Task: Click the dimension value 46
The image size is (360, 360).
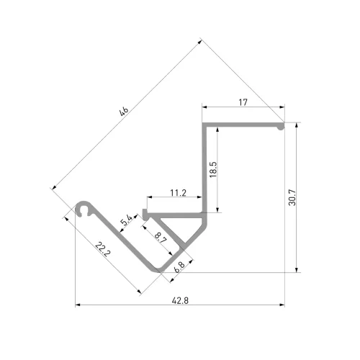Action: point(124,111)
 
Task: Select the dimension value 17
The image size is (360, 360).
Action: point(243,102)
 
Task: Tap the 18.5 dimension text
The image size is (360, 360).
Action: point(213,169)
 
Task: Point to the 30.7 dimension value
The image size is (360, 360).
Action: point(292,197)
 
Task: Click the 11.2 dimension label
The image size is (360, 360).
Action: point(178,193)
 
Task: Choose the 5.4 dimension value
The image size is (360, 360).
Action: point(127,220)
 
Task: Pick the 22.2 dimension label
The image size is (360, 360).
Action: point(103,249)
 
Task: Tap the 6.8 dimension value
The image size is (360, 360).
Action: point(179,267)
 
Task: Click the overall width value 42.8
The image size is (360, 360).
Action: point(180,300)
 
